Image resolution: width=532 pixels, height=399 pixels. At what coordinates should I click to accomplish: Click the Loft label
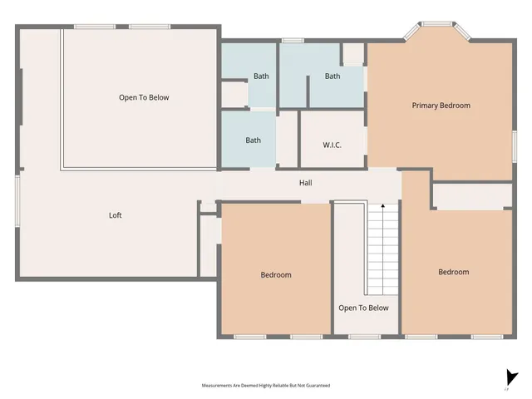coord(116,215)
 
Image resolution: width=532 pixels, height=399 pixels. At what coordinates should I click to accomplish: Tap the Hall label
coord(306,183)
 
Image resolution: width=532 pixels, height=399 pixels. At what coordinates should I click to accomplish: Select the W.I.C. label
coord(332,145)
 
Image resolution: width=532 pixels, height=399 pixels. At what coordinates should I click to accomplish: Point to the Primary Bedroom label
coord(441,106)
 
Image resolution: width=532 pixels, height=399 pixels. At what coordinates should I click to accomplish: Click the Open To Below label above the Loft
coord(144,97)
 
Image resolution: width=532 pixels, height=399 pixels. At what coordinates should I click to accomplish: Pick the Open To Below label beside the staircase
coord(363,308)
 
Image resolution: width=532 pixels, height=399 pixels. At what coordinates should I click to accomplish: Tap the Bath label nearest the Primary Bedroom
coord(332,76)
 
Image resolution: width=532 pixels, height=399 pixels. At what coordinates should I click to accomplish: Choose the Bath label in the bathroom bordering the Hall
coord(253,140)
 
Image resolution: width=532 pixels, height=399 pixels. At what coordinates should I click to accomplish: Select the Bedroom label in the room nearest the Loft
coord(276,274)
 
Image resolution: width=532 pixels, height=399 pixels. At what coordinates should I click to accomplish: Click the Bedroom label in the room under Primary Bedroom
coord(454,272)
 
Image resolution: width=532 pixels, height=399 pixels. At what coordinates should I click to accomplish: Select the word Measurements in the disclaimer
coord(218,386)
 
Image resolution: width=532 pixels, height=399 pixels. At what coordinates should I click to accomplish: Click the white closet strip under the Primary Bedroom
coord(472,197)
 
